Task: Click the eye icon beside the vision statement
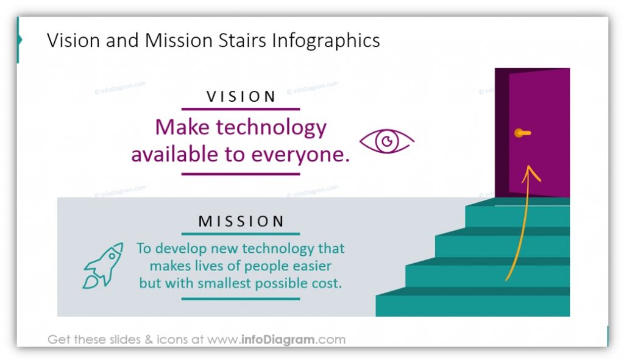(x=386, y=142)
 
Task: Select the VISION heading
(x=241, y=96)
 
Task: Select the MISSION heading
(x=241, y=221)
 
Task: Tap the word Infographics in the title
(x=326, y=40)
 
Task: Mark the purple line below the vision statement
(x=241, y=174)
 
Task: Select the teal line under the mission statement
(x=241, y=298)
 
